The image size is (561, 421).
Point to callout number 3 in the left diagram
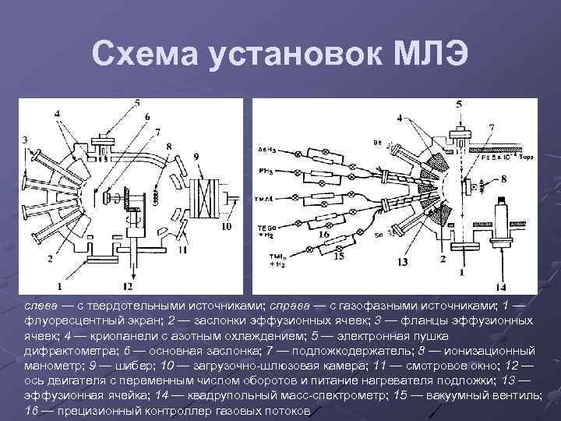26,140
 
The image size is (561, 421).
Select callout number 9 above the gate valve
196,156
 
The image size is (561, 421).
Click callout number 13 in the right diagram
403,263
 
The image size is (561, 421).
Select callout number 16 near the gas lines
323,234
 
